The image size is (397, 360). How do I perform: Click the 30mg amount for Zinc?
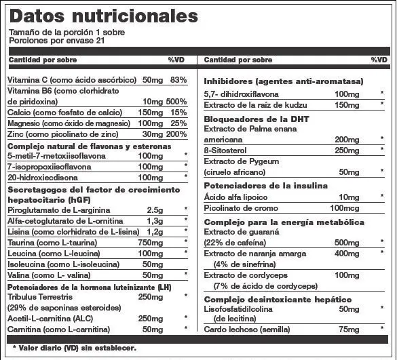click(152, 134)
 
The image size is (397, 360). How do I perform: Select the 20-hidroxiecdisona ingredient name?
click(40, 177)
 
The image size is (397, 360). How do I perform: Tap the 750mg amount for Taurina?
click(150, 242)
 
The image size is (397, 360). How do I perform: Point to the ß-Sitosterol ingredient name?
click(229, 151)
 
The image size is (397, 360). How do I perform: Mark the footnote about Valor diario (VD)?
click(73, 348)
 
